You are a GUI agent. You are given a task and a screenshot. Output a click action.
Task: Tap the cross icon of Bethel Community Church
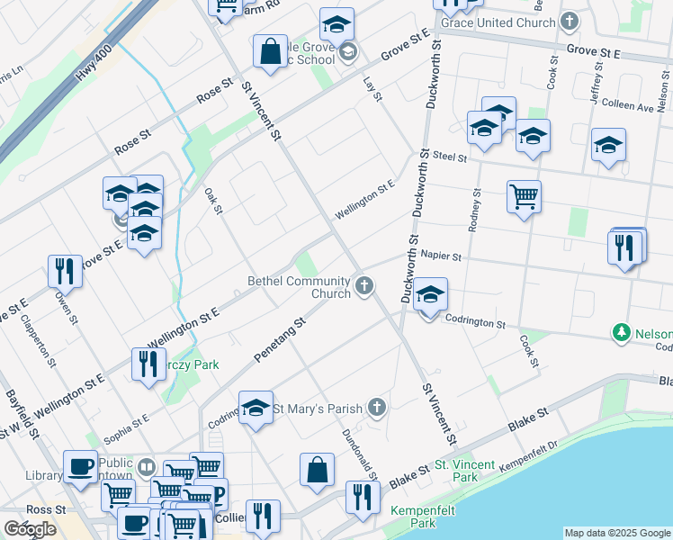pyautogui.click(x=364, y=286)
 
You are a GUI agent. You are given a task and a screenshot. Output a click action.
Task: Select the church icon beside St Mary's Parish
pyautogui.click(x=378, y=409)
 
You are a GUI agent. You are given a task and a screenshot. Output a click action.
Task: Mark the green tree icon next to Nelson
pyautogui.click(x=621, y=333)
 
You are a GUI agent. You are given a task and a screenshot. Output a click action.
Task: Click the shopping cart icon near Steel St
pyautogui.click(x=524, y=194)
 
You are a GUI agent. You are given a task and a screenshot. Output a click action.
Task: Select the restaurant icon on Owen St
pyautogui.click(x=65, y=269)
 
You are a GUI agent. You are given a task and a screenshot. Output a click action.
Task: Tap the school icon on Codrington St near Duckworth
pyautogui.click(x=431, y=295)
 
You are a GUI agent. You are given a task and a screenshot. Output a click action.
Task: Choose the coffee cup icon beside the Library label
pyautogui.click(x=81, y=465)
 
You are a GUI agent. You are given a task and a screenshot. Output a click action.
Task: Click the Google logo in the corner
pyautogui.click(x=30, y=529)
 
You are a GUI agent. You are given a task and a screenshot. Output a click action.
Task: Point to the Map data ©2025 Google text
pyautogui.click(x=617, y=533)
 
